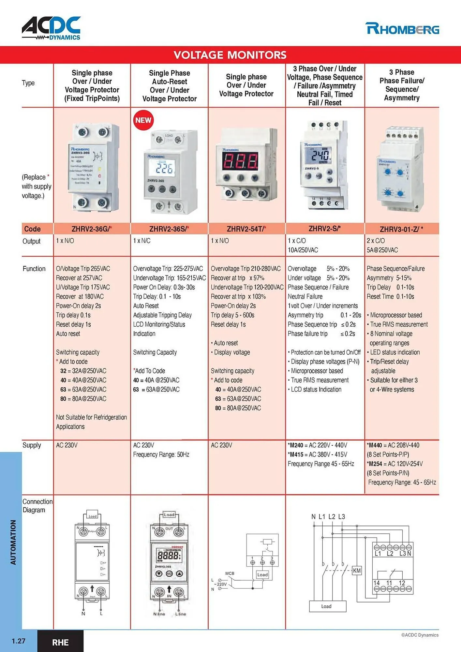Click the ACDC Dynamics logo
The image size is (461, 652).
[51, 28]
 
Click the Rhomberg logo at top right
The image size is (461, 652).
[402, 29]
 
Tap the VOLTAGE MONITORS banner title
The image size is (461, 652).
[230, 55]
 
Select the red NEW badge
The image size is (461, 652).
[143, 120]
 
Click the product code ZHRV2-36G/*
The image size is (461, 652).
[92, 229]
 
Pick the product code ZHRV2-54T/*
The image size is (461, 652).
[246, 229]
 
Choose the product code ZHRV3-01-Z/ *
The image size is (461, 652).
[401, 229]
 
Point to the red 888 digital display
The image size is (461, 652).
[240, 161]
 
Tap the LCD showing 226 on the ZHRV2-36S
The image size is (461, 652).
[165, 168]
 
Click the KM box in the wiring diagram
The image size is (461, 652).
[357, 570]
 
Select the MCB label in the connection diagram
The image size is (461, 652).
[230, 573]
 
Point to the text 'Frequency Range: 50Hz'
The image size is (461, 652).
[161, 454]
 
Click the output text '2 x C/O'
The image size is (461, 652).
[376, 241]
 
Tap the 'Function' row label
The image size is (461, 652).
[34, 269]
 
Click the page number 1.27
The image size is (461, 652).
[18, 641]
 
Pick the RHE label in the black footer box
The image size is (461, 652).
[60, 642]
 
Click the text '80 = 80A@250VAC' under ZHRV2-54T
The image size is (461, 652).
[238, 408]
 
